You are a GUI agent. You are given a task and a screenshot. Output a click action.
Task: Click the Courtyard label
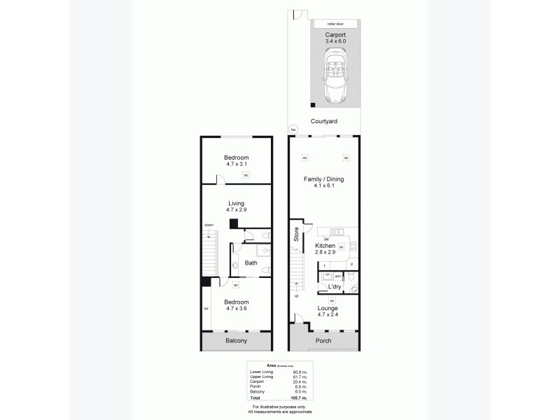(x=323, y=121)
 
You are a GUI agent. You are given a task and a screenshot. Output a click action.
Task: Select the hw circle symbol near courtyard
(x=294, y=129)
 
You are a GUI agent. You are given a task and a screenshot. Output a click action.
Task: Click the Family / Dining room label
(x=323, y=183)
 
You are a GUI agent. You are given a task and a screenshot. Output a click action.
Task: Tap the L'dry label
(x=334, y=288)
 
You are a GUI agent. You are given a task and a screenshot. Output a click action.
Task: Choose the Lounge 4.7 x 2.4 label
(x=328, y=311)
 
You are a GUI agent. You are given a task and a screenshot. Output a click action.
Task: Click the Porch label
(x=323, y=341)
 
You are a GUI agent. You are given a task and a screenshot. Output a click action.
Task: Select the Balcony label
(x=236, y=341)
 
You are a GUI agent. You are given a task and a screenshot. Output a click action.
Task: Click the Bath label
(x=251, y=263)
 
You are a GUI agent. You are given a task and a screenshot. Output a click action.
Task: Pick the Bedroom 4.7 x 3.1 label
(x=236, y=161)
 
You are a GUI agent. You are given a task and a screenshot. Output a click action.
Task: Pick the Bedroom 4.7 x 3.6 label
(x=236, y=306)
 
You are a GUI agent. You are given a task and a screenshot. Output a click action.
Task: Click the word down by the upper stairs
(x=209, y=225)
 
